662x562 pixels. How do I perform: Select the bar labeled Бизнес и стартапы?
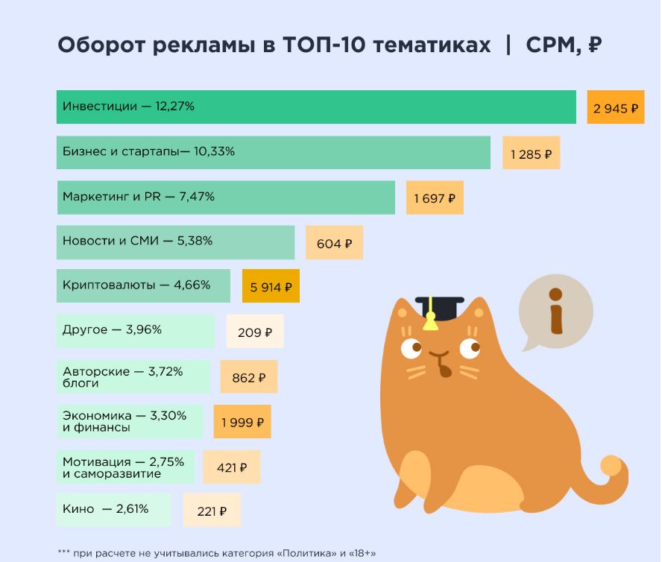click(x=273, y=152)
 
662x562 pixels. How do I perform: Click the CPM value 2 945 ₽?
click(x=615, y=108)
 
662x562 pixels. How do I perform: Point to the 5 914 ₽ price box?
click(x=271, y=286)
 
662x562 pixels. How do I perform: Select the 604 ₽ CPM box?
click(x=334, y=243)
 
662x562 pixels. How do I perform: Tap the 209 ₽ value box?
click(x=255, y=332)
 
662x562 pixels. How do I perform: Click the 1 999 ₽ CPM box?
click(x=242, y=423)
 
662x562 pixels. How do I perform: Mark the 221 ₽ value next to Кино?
click(x=212, y=511)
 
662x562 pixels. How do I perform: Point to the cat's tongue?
click(x=445, y=367)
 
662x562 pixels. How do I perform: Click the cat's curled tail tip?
click(x=611, y=466)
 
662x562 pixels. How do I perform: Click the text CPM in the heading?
click(x=552, y=45)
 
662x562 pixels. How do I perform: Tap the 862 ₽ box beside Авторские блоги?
click(x=248, y=378)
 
